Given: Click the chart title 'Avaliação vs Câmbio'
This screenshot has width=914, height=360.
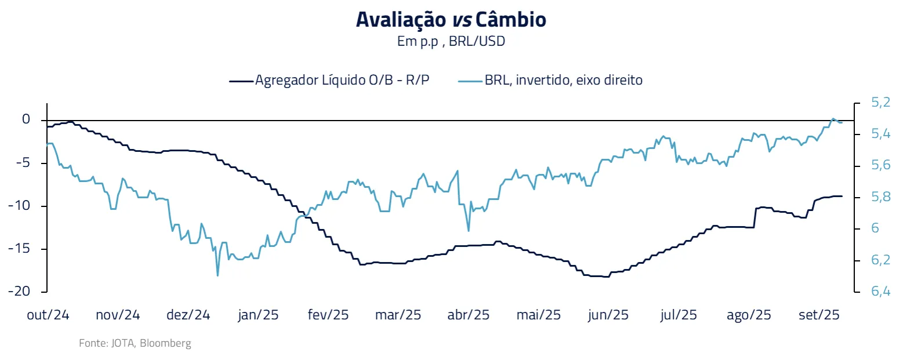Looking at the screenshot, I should coord(451,20).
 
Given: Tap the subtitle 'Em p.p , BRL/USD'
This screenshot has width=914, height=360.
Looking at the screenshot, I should coord(451,42).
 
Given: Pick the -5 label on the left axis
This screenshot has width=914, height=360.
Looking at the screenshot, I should coord(23,162).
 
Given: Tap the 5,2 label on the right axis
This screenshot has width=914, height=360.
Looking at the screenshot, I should coord(880,103).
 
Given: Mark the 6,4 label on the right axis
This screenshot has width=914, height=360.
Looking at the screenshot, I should coord(880,291).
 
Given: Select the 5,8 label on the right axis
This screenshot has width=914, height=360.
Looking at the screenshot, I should coord(880,197).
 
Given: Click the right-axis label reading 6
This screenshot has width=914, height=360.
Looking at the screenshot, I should coord(875,228).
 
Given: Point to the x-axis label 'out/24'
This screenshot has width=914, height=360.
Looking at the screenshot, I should coord(48,315).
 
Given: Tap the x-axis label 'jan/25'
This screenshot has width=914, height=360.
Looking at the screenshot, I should coord(258,315).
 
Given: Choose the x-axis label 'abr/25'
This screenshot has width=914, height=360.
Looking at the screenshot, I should coord(468,315).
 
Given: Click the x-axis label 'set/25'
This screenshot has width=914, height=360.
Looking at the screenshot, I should coord(819,315).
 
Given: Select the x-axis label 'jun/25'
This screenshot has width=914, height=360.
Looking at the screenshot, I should coord(608,315).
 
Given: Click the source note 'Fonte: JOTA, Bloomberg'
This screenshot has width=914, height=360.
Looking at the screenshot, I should coord(135,343).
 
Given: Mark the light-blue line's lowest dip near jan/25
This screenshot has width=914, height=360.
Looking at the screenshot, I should coord(217,275).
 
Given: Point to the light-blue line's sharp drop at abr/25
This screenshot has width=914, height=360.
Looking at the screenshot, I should coord(469,230).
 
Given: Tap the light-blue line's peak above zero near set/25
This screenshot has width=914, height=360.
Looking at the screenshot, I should coord(833,119).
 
